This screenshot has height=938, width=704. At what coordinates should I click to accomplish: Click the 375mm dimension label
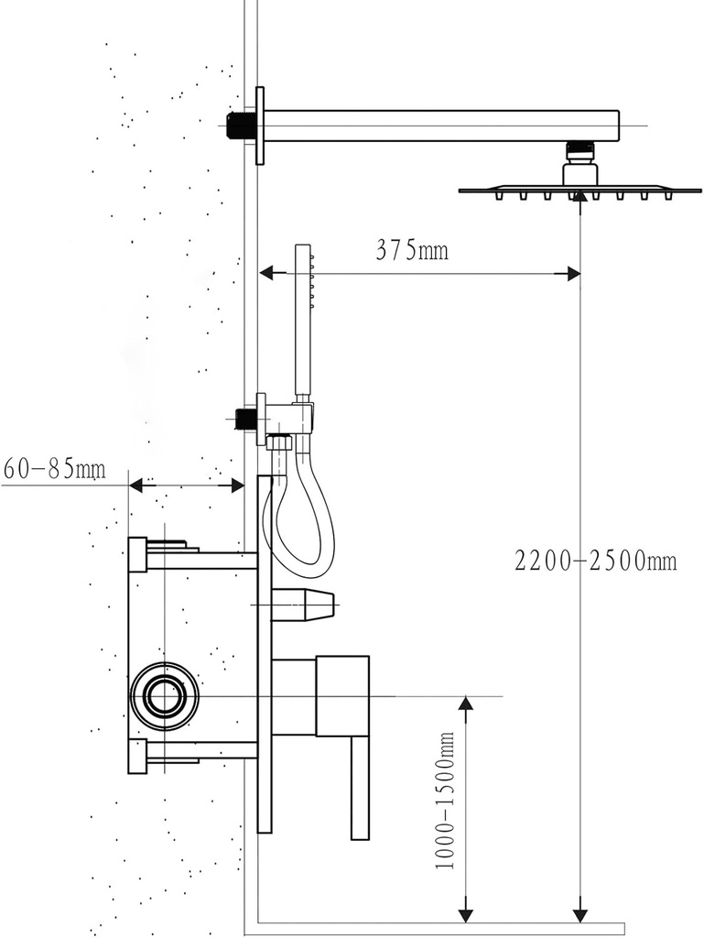[412, 249]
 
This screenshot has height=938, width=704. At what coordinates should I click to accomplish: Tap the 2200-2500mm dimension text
[595, 561]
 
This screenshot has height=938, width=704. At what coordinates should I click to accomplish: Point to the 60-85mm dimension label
[54, 470]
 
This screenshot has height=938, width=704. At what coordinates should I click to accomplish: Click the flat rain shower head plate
[579, 191]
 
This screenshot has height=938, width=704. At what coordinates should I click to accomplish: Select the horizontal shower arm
[439, 125]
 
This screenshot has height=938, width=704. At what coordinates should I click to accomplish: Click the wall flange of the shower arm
[260, 125]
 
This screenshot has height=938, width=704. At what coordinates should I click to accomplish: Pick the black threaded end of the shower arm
[240, 125]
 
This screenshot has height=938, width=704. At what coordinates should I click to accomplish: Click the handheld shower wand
[303, 321]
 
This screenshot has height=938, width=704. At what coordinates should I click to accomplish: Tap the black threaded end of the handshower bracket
[244, 419]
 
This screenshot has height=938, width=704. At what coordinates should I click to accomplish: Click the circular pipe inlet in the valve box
[165, 696]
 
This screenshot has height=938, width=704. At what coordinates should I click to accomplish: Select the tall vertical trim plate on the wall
[265, 655]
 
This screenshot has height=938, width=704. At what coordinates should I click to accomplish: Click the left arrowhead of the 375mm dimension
[266, 273]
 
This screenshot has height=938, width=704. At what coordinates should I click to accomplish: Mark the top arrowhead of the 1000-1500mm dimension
[466, 703]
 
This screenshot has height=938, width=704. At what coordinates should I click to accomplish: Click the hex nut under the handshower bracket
[279, 443]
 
